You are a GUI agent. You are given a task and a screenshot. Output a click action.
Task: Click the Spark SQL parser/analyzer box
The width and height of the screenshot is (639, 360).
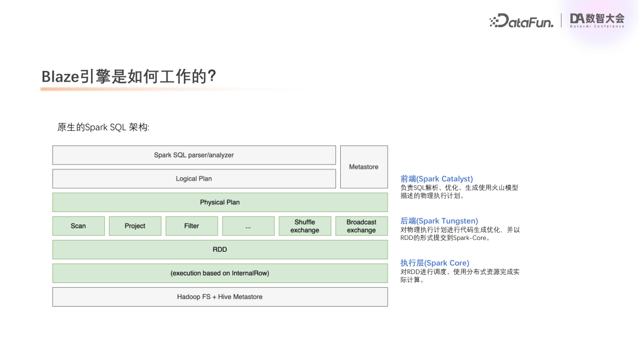click(x=194, y=155)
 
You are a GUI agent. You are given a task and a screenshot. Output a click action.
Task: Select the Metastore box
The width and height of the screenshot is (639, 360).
click(x=364, y=167)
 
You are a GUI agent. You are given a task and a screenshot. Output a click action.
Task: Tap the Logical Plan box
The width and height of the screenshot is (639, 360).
click(x=194, y=179)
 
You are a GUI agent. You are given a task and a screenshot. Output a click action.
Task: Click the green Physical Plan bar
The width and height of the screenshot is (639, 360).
click(x=220, y=202)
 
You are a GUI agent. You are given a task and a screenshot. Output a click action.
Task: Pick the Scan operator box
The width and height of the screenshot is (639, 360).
click(x=78, y=226)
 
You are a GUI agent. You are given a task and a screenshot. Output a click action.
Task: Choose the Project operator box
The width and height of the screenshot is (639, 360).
click(x=135, y=226)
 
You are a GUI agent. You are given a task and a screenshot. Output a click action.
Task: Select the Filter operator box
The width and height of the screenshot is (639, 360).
click(x=192, y=226)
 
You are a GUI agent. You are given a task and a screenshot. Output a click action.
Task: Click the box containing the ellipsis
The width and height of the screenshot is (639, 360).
click(x=248, y=226)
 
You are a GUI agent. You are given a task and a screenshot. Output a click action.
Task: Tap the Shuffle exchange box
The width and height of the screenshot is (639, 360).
click(x=305, y=226)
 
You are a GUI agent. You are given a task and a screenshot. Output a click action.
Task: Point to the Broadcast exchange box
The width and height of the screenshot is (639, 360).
click(x=362, y=226)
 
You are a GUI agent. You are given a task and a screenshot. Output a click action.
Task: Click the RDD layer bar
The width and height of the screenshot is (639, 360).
click(x=220, y=250)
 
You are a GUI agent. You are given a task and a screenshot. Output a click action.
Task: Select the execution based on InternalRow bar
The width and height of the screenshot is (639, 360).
click(x=220, y=274)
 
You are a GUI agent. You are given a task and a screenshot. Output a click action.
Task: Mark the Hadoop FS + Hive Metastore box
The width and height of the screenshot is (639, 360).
click(x=220, y=297)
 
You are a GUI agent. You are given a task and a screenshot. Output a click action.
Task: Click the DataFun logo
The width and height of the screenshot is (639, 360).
click(x=522, y=21)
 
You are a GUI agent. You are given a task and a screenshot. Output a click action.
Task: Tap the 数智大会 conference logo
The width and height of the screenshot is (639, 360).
click(x=596, y=20)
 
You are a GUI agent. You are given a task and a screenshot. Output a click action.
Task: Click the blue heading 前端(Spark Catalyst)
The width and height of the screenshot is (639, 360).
click(x=437, y=179)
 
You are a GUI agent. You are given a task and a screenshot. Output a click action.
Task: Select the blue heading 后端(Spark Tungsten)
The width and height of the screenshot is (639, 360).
click(x=439, y=221)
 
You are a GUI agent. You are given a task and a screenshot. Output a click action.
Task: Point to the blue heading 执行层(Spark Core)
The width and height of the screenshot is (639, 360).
click(x=435, y=263)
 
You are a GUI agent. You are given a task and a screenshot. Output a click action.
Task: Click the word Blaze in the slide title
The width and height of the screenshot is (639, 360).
click(x=60, y=77)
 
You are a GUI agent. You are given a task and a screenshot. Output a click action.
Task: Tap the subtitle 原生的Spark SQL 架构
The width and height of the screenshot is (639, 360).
click(x=104, y=127)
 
